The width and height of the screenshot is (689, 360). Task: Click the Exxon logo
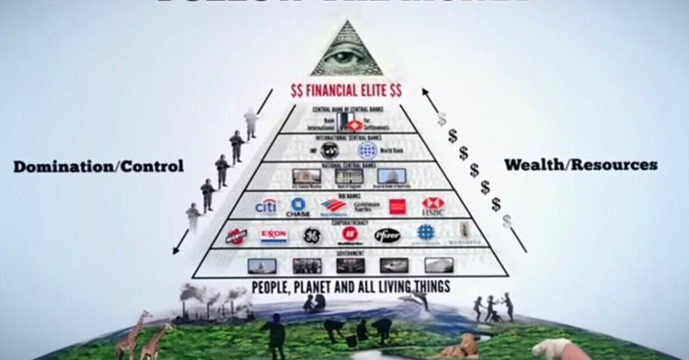[274, 235]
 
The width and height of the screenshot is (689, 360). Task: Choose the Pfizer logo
[387, 235]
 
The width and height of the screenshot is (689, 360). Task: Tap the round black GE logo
[312, 235]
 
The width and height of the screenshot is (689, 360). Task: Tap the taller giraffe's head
[145, 314]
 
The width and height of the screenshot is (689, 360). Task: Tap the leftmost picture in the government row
[262, 265]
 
